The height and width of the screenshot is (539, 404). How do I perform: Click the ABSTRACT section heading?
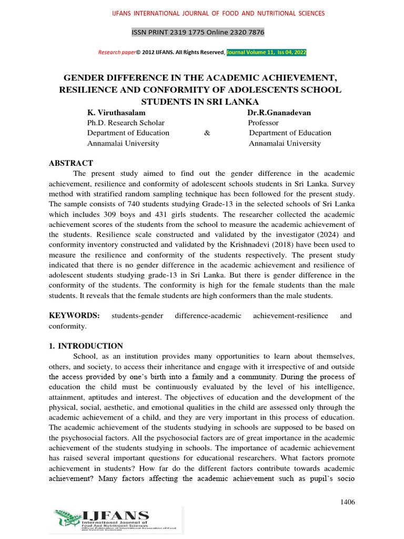(71, 163)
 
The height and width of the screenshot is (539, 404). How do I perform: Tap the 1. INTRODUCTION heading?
(86, 346)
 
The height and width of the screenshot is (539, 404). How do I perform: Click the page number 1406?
(348, 502)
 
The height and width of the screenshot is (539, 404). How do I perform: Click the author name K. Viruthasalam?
(116, 113)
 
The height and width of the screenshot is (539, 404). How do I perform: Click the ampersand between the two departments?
(207, 133)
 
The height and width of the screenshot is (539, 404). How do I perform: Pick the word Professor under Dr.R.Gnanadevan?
(263, 123)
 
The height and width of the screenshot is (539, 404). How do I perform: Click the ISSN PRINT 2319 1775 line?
(198, 33)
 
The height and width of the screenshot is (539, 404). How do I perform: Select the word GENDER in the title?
(84, 78)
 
